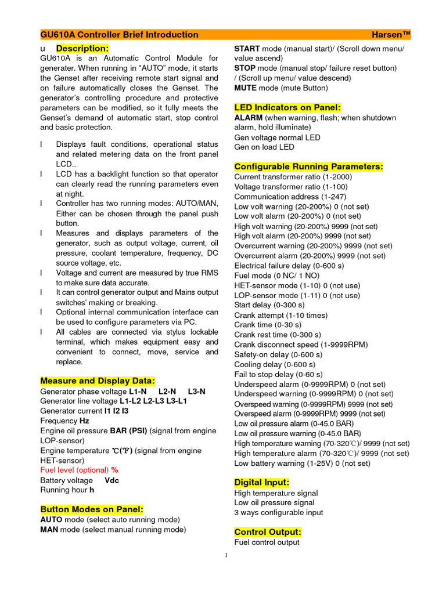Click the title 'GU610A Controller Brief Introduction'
(119, 35)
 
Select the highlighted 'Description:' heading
(82, 48)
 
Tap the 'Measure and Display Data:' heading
(98, 381)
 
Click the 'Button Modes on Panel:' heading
(92, 509)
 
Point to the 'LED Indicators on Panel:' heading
(287, 107)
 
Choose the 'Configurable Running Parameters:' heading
(308, 166)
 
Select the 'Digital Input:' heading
(261, 482)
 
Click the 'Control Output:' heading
(268, 532)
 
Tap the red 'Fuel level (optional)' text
(75, 470)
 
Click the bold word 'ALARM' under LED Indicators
(249, 118)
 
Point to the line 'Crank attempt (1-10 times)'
(281, 315)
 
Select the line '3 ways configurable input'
(279, 513)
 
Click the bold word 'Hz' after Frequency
(84, 421)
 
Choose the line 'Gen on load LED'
(264, 147)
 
